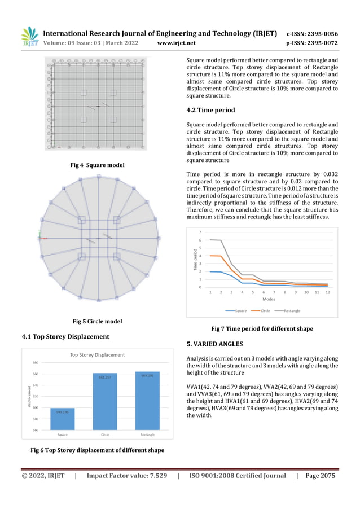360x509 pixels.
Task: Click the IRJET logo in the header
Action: (x=29, y=37)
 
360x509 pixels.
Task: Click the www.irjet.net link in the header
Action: (x=177, y=42)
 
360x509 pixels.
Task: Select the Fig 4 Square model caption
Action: (x=97, y=165)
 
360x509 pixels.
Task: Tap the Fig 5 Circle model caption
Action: (x=97, y=321)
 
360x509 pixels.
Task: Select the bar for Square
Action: (x=63, y=419)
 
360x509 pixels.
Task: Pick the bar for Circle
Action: (x=104, y=401)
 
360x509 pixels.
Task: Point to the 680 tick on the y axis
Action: (x=35, y=363)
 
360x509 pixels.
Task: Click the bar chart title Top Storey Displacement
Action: (x=97, y=355)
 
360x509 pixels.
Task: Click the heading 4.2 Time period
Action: (x=210, y=110)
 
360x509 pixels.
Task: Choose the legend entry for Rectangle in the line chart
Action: (x=288, y=310)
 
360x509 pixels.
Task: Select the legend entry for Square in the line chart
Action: (x=236, y=310)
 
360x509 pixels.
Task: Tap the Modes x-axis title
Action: (x=269, y=299)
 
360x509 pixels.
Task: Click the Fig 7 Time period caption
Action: (x=262, y=328)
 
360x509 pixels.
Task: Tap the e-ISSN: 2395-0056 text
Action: (x=312, y=33)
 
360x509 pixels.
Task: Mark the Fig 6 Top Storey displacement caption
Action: (x=97, y=450)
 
